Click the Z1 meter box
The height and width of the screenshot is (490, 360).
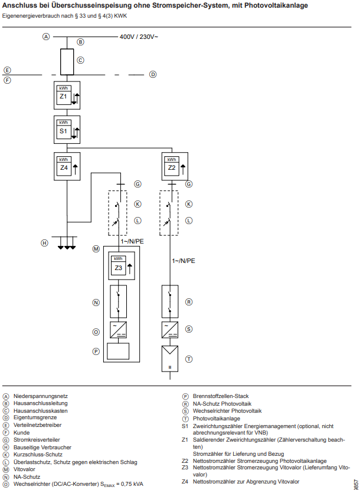click(67, 95)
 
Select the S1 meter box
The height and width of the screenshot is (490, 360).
click(67, 130)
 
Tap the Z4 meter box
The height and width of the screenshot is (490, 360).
click(67, 166)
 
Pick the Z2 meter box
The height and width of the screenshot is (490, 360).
click(174, 166)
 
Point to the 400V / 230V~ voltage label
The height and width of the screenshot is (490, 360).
click(139, 37)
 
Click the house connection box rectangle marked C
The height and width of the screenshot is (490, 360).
click(67, 60)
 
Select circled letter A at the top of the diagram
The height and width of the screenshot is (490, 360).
click(46, 37)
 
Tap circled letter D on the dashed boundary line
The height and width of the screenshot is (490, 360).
click(152, 74)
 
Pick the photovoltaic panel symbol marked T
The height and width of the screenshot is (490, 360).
click(171, 358)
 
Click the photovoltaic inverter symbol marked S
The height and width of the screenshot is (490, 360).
click(171, 330)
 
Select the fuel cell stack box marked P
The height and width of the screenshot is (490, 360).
click(119, 351)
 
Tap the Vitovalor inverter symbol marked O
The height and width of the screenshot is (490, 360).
click(119, 331)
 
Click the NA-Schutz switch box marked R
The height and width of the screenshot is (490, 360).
click(171, 302)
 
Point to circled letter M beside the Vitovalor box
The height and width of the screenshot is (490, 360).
click(96, 249)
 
